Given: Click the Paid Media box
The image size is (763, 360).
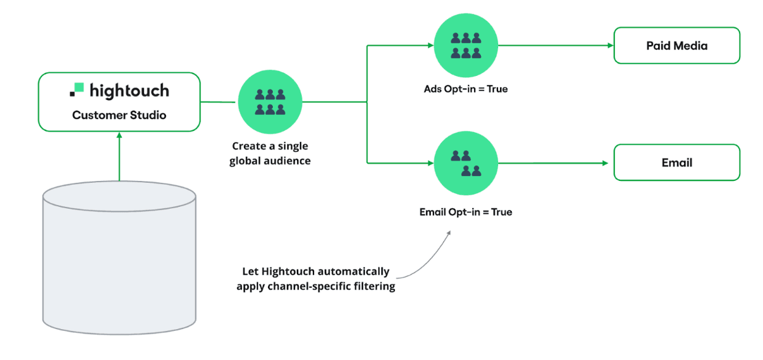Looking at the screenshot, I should [x=677, y=46].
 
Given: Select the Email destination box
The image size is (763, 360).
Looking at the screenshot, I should [x=677, y=163].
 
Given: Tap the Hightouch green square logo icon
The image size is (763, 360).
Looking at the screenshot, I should [x=77, y=90].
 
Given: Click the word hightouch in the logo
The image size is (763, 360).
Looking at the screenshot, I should [x=129, y=91].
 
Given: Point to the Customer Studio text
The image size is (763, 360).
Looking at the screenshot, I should [x=119, y=115].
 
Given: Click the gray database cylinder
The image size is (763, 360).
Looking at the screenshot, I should [x=119, y=259].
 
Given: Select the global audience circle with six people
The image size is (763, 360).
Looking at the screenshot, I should [x=270, y=101].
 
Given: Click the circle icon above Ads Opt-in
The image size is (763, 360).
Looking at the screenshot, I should [x=465, y=45].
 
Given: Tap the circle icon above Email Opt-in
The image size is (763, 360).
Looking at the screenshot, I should [x=465, y=163].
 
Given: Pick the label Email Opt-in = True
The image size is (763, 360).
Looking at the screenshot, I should [x=465, y=212].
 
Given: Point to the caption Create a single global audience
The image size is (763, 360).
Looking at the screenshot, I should [x=270, y=154].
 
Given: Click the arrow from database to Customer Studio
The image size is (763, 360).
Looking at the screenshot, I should [x=119, y=157].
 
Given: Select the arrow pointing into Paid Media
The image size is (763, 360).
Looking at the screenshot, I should [x=608, y=45].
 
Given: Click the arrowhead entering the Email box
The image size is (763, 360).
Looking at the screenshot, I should [x=608, y=163].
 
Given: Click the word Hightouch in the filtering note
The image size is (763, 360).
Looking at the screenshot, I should [x=288, y=271].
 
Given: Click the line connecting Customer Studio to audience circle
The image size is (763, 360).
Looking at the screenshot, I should [x=219, y=101].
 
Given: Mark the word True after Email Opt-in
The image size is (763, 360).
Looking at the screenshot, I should [x=501, y=212].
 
